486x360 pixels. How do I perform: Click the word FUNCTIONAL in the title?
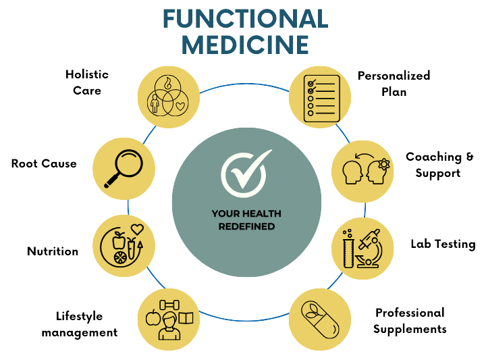tap(246, 18)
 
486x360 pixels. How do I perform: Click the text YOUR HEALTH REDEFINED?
tap(246, 220)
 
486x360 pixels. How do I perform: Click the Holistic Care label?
tap(88, 82)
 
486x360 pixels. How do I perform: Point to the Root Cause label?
tap(44, 164)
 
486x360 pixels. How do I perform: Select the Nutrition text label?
tap(53, 251)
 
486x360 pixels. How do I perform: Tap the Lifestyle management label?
tap(79, 324)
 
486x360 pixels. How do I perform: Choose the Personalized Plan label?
tap(394, 84)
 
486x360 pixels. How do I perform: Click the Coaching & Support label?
tap(439, 165)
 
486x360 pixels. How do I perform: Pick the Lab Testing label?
tap(443, 245)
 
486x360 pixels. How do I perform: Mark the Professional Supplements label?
tap(410, 322)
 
